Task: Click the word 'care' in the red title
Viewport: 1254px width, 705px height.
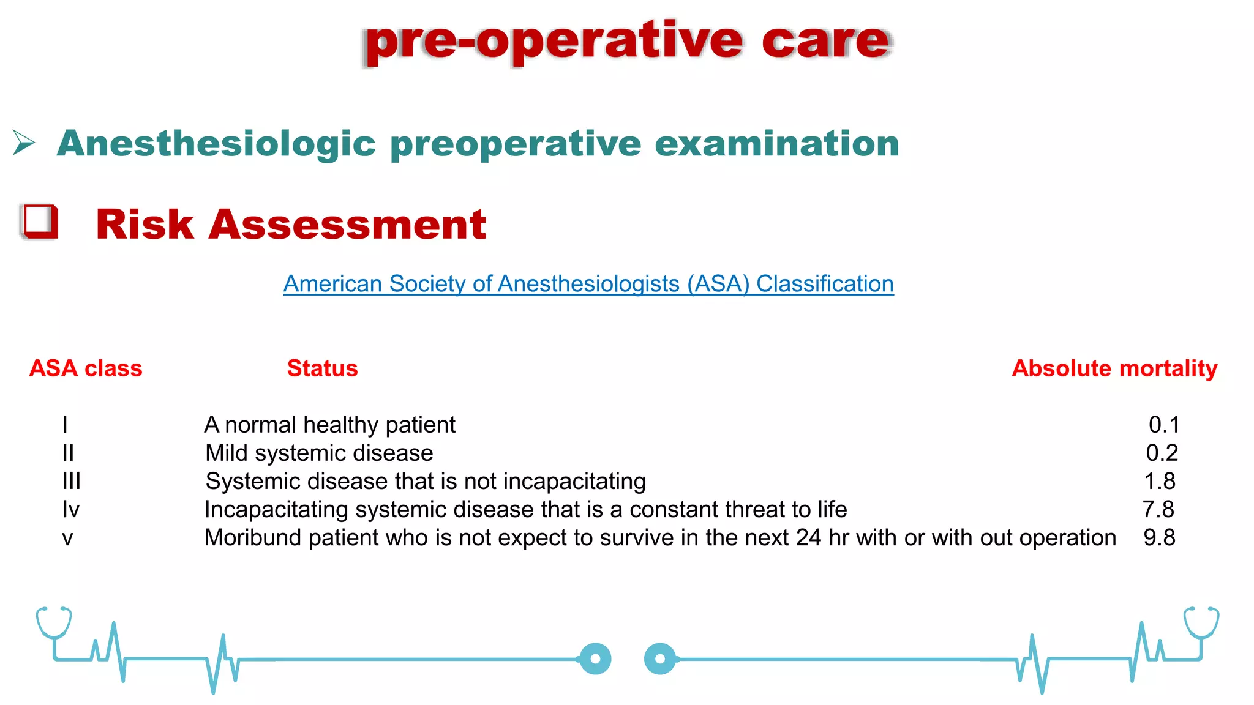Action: coord(825,42)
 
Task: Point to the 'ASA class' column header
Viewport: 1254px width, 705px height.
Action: coord(86,368)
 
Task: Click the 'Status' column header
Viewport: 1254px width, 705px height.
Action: coord(322,368)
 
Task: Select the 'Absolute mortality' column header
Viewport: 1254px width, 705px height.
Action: coord(1114,368)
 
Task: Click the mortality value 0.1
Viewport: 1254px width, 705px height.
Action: coord(1163,425)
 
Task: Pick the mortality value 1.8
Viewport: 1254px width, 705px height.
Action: coord(1160,481)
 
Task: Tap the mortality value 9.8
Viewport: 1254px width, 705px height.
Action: coord(1159,537)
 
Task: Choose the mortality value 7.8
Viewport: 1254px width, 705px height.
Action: coord(1158,509)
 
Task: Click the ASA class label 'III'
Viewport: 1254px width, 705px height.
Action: coord(71,481)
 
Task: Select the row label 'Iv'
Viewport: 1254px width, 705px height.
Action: coord(70,509)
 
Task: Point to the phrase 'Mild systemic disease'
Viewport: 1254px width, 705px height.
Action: coord(319,453)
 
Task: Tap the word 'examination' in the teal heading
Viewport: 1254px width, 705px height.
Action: coord(776,143)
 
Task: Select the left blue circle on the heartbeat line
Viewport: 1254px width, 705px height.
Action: coord(595,659)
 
